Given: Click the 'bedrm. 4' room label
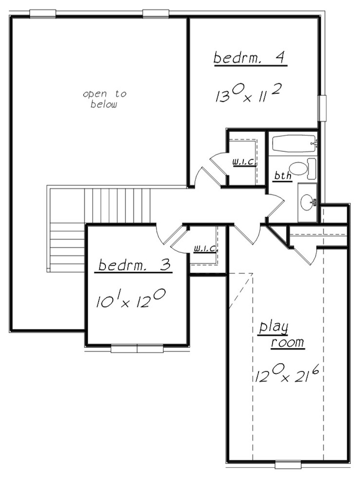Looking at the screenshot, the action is (x=250, y=58).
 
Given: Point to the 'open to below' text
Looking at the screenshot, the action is (x=104, y=99).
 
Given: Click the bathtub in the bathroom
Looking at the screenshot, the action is (x=292, y=143).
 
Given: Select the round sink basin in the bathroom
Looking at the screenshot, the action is (x=307, y=202).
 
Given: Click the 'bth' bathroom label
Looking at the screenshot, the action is (x=283, y=176).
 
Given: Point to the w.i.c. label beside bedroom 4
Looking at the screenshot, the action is (x=244, y=162).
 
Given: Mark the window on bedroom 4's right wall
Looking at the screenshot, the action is (x=322, y=108).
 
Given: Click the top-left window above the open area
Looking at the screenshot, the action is (x=43, y=14).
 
